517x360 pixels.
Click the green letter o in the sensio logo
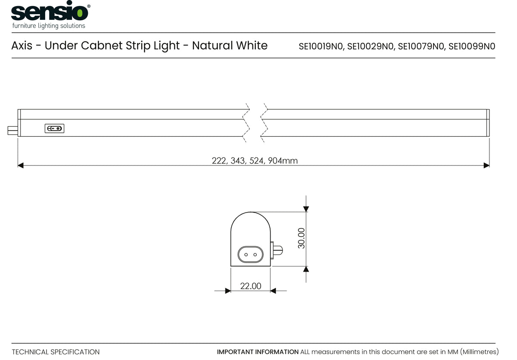coord(80,13)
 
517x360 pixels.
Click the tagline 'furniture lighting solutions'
coord(49,26)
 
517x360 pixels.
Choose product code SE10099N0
coord(472,47)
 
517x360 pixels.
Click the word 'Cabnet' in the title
coord(101,46)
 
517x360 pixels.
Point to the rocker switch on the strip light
coord(54,128)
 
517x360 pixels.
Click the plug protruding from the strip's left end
coord(12,131)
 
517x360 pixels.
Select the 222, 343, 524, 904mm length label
coord(255,161)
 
